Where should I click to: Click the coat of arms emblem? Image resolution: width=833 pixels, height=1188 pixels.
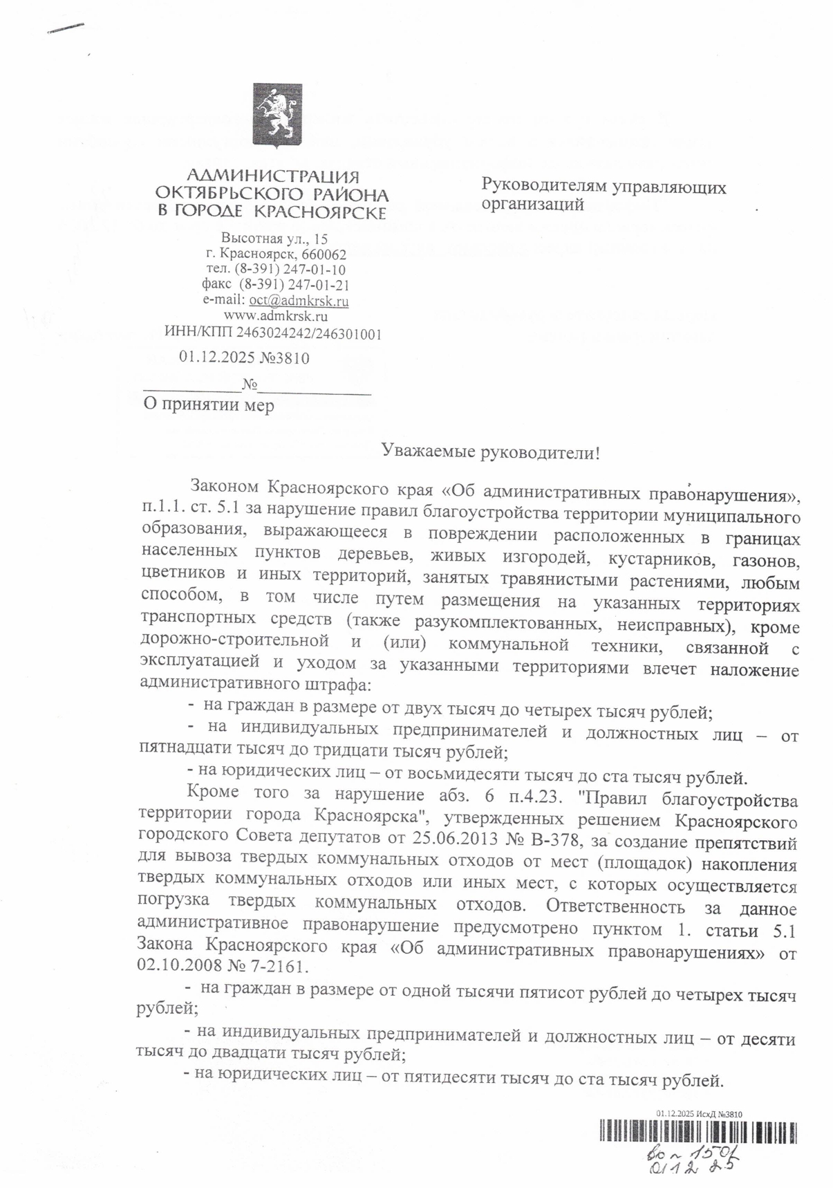pyautogui.click(x=277, y=117)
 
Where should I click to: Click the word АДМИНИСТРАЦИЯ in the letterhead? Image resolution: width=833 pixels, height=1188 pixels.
pyautogui.click(x=274, y=177)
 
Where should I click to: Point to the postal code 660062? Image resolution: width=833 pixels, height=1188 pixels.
pyautogui.click(x=324, y=254)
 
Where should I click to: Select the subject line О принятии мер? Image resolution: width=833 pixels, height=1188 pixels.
pyautogui.click(x=208, y=405)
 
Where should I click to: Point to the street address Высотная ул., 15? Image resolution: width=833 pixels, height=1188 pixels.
pyautogui.click(x=274, y=239)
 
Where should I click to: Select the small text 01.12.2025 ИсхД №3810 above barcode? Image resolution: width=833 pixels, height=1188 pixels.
pyautogui.click(x=698, y=1114)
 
